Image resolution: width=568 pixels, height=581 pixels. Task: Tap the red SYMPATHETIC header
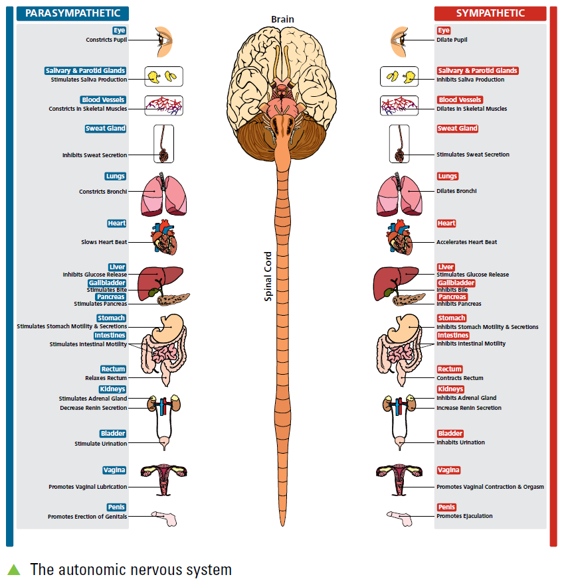tap(490, 13)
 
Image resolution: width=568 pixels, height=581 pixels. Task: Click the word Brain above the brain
tap(282, 20)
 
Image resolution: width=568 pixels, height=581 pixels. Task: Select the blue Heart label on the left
tap(117, 224)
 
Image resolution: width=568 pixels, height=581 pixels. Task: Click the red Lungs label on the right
tap(447, 176)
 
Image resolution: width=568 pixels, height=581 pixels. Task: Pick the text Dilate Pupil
tap(452, 40)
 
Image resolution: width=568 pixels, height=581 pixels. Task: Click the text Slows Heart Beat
tap(104, 242)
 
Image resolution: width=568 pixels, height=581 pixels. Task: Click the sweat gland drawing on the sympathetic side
tap(399, 144)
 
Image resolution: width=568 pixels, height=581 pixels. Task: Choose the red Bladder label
tap(450, 434)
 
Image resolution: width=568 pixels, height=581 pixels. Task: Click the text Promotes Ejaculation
tap(464, 516)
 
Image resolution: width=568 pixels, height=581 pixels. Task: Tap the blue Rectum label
tap(113, 369)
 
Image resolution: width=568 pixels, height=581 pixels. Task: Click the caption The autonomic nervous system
tap(131, 569)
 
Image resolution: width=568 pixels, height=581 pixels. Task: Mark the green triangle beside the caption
tap(14, 569)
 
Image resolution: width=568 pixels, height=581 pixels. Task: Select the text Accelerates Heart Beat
tap(466, 242)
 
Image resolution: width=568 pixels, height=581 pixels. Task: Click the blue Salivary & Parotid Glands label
tap(85, 70)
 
